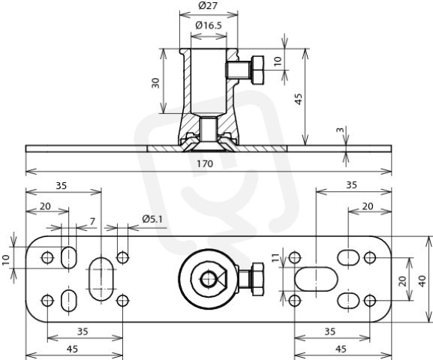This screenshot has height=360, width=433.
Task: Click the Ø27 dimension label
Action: pos(208,5)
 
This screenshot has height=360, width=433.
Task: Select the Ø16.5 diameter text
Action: pos(209,25)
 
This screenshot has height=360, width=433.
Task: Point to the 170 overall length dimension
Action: pos(205,163)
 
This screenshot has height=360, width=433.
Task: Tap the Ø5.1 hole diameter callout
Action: pos(152,219)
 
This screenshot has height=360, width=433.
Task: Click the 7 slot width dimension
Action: pos(92,221)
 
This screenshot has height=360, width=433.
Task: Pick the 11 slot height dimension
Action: pos(276,258)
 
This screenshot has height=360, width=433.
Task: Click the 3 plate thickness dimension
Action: pos(341,130)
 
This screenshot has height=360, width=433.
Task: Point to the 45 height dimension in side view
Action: pos(298,99)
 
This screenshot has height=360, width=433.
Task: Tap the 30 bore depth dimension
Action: pos(156,82)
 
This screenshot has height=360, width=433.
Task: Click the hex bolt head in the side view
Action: pos(257,70)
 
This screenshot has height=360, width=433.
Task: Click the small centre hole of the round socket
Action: pos(208,280)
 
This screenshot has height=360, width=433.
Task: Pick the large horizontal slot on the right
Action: pos(317,279)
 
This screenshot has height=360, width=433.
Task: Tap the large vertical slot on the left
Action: pos(101,279)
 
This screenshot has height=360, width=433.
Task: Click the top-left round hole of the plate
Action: pos(47,258)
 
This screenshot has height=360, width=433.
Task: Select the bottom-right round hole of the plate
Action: pos(370,301)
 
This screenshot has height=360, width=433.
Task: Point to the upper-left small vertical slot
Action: pos(68,257)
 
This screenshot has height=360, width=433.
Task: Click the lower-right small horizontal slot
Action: pos(348,301)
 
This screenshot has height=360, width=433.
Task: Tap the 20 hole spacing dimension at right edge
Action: pos(403,280)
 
